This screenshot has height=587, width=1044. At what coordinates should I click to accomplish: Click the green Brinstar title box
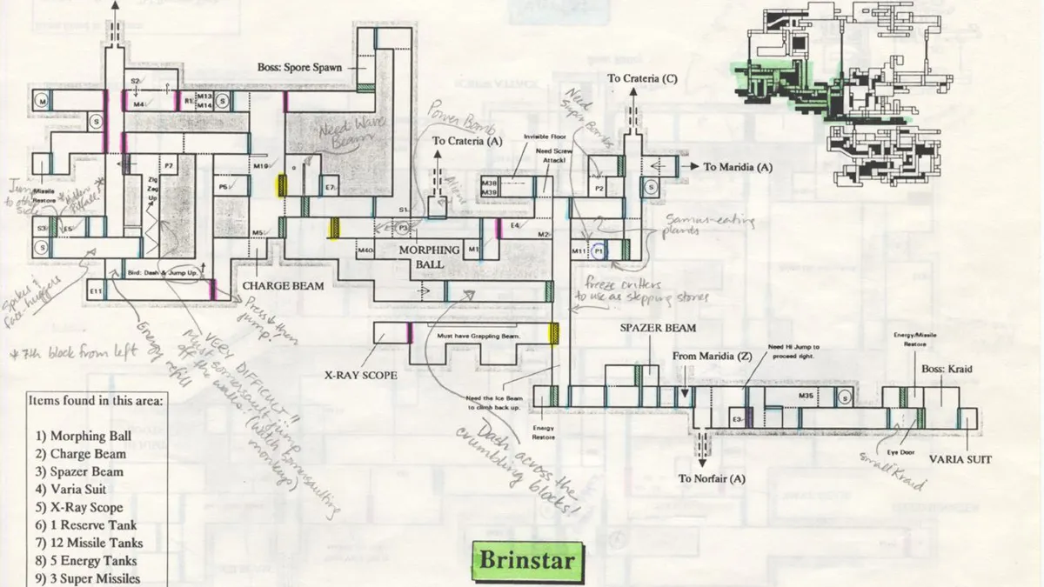527,558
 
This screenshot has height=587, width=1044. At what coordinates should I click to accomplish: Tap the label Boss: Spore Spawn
299,67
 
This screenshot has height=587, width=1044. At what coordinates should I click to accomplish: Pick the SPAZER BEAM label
658,328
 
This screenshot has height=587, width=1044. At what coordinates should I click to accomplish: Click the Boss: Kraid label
946,369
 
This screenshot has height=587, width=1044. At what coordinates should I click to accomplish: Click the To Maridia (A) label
739,167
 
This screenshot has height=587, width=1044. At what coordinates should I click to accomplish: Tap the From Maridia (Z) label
711,357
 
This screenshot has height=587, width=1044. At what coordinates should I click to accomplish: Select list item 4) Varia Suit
71,490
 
